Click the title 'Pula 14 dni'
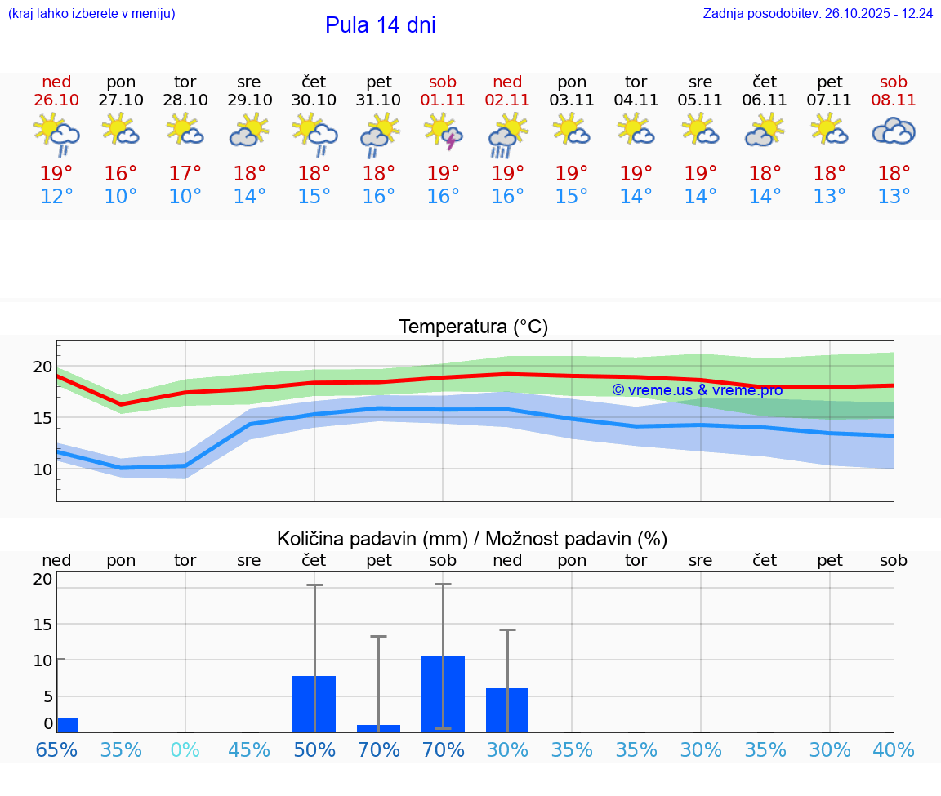point(380,25)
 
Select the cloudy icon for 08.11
point(894,131)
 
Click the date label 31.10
point(378,100)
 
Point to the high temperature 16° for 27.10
point(121,174)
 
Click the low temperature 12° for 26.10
point(56,197)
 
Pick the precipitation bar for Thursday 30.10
point(314,704)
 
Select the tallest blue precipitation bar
point(444,693)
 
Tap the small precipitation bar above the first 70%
point(379,728)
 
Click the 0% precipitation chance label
point(185,749)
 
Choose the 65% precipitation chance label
point(56,749)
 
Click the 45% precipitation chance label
point(249,749)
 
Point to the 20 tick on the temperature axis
point(42,367)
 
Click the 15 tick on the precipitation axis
point(42,624)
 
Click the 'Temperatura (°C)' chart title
point(473,327)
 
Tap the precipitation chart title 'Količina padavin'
point(472,539)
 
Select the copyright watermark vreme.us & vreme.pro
point(697,390)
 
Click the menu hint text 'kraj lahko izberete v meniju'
point(91,14)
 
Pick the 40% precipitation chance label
point(894,749)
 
